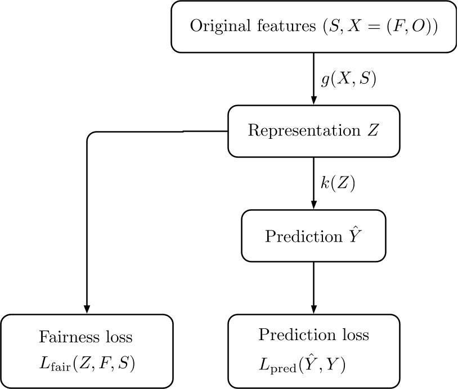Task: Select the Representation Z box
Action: click(313, 131)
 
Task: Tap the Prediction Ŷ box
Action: click(313, 236)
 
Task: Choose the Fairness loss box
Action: click(86, 351)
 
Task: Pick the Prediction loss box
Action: click(313, 351)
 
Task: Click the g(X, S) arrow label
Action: click(348, 79)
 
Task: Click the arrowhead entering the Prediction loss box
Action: click(313, 310)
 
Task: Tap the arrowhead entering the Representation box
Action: click(313, 101)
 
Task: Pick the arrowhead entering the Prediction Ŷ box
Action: click(313, 205)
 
